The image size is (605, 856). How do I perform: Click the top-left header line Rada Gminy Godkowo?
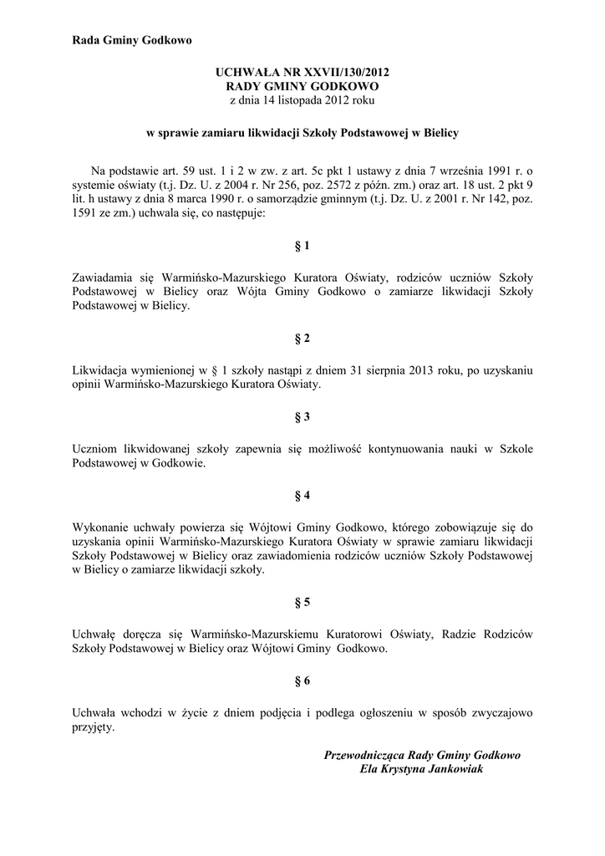tap(131, 40)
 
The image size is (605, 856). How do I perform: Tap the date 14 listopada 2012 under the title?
tap(292, 100)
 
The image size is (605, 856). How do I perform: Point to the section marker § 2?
tap(302, 339)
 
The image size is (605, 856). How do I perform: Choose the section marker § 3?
tap(302, 416)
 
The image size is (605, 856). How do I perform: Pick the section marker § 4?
tap(302, 495)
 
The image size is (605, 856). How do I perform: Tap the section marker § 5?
tap(302, 602)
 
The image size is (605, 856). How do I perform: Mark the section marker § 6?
tap(302, 680)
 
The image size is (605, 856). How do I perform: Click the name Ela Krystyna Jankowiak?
tap(421, 769)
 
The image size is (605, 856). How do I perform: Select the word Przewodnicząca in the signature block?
tap(366, 755)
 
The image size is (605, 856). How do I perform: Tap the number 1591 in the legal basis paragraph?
tap(85, 214)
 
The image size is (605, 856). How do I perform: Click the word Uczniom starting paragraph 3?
tap(96, 449)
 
